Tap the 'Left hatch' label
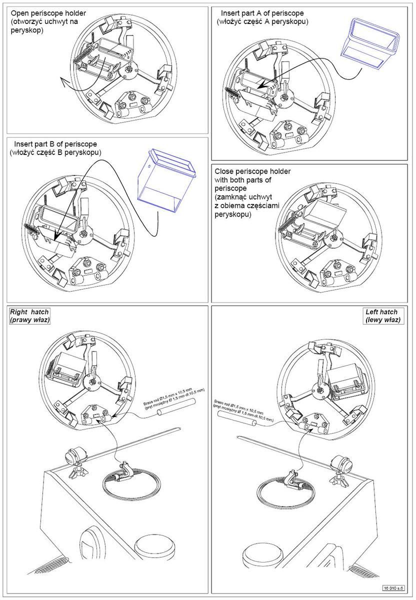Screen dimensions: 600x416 pyautogui.click(x=383, y=312)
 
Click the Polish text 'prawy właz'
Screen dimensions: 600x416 pyautogui.click(x=29, y=319)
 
